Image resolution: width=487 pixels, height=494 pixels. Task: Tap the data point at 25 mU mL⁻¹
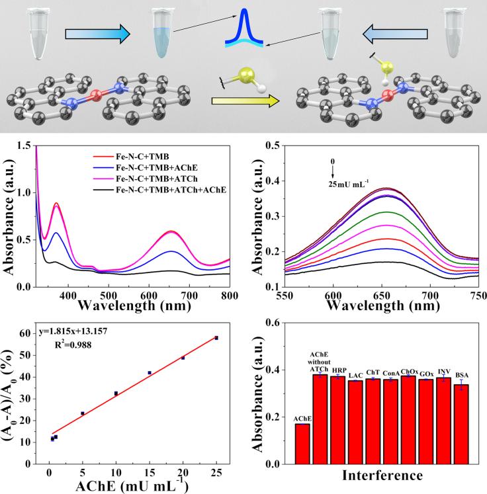216,338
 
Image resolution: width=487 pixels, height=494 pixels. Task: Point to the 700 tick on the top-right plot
430,294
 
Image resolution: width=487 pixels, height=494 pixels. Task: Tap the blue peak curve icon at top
245,30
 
